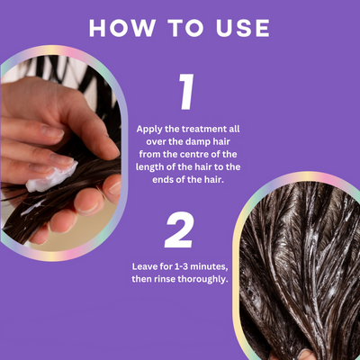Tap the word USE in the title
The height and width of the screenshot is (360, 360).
(243, 29)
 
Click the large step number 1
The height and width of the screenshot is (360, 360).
(187, 92)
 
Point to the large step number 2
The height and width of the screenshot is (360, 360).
(179, 229)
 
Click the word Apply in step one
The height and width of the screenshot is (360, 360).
(149, 130)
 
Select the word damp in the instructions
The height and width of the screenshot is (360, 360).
(195, 142)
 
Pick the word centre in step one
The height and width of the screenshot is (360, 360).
(194, 155)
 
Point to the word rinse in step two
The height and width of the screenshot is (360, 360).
(165, 279)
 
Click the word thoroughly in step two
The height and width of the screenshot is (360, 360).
(203, 280)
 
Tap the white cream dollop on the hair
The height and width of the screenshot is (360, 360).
(51, 177)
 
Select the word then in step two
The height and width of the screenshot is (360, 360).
(142, 279)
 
